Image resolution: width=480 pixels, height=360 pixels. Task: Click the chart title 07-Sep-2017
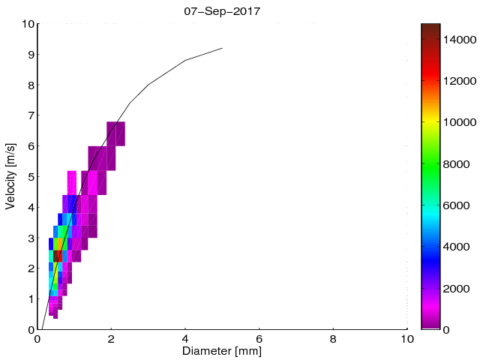click(222, 11)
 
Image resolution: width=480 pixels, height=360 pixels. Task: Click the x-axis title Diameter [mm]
click(222, 351)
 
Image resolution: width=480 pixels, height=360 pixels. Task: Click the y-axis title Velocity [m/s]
click(10, 176)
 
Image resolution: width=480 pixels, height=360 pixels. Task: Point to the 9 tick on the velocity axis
click(30, 54)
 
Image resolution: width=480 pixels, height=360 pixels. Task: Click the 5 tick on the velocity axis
click(30, 176)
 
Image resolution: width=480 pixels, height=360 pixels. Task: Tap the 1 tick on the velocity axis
click(30, 298)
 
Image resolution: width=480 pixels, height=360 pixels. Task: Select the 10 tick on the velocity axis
click(27, 24)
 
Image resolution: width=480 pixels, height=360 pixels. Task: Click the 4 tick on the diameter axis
click(185, 339)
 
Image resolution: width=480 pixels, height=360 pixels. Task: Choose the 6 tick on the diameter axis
click(259, 339)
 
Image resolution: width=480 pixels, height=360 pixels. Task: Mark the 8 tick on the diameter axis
click(333, 339)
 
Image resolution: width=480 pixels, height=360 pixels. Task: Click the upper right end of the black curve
click(222, 48)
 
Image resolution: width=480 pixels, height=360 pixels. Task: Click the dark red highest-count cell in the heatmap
click(58, 256)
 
